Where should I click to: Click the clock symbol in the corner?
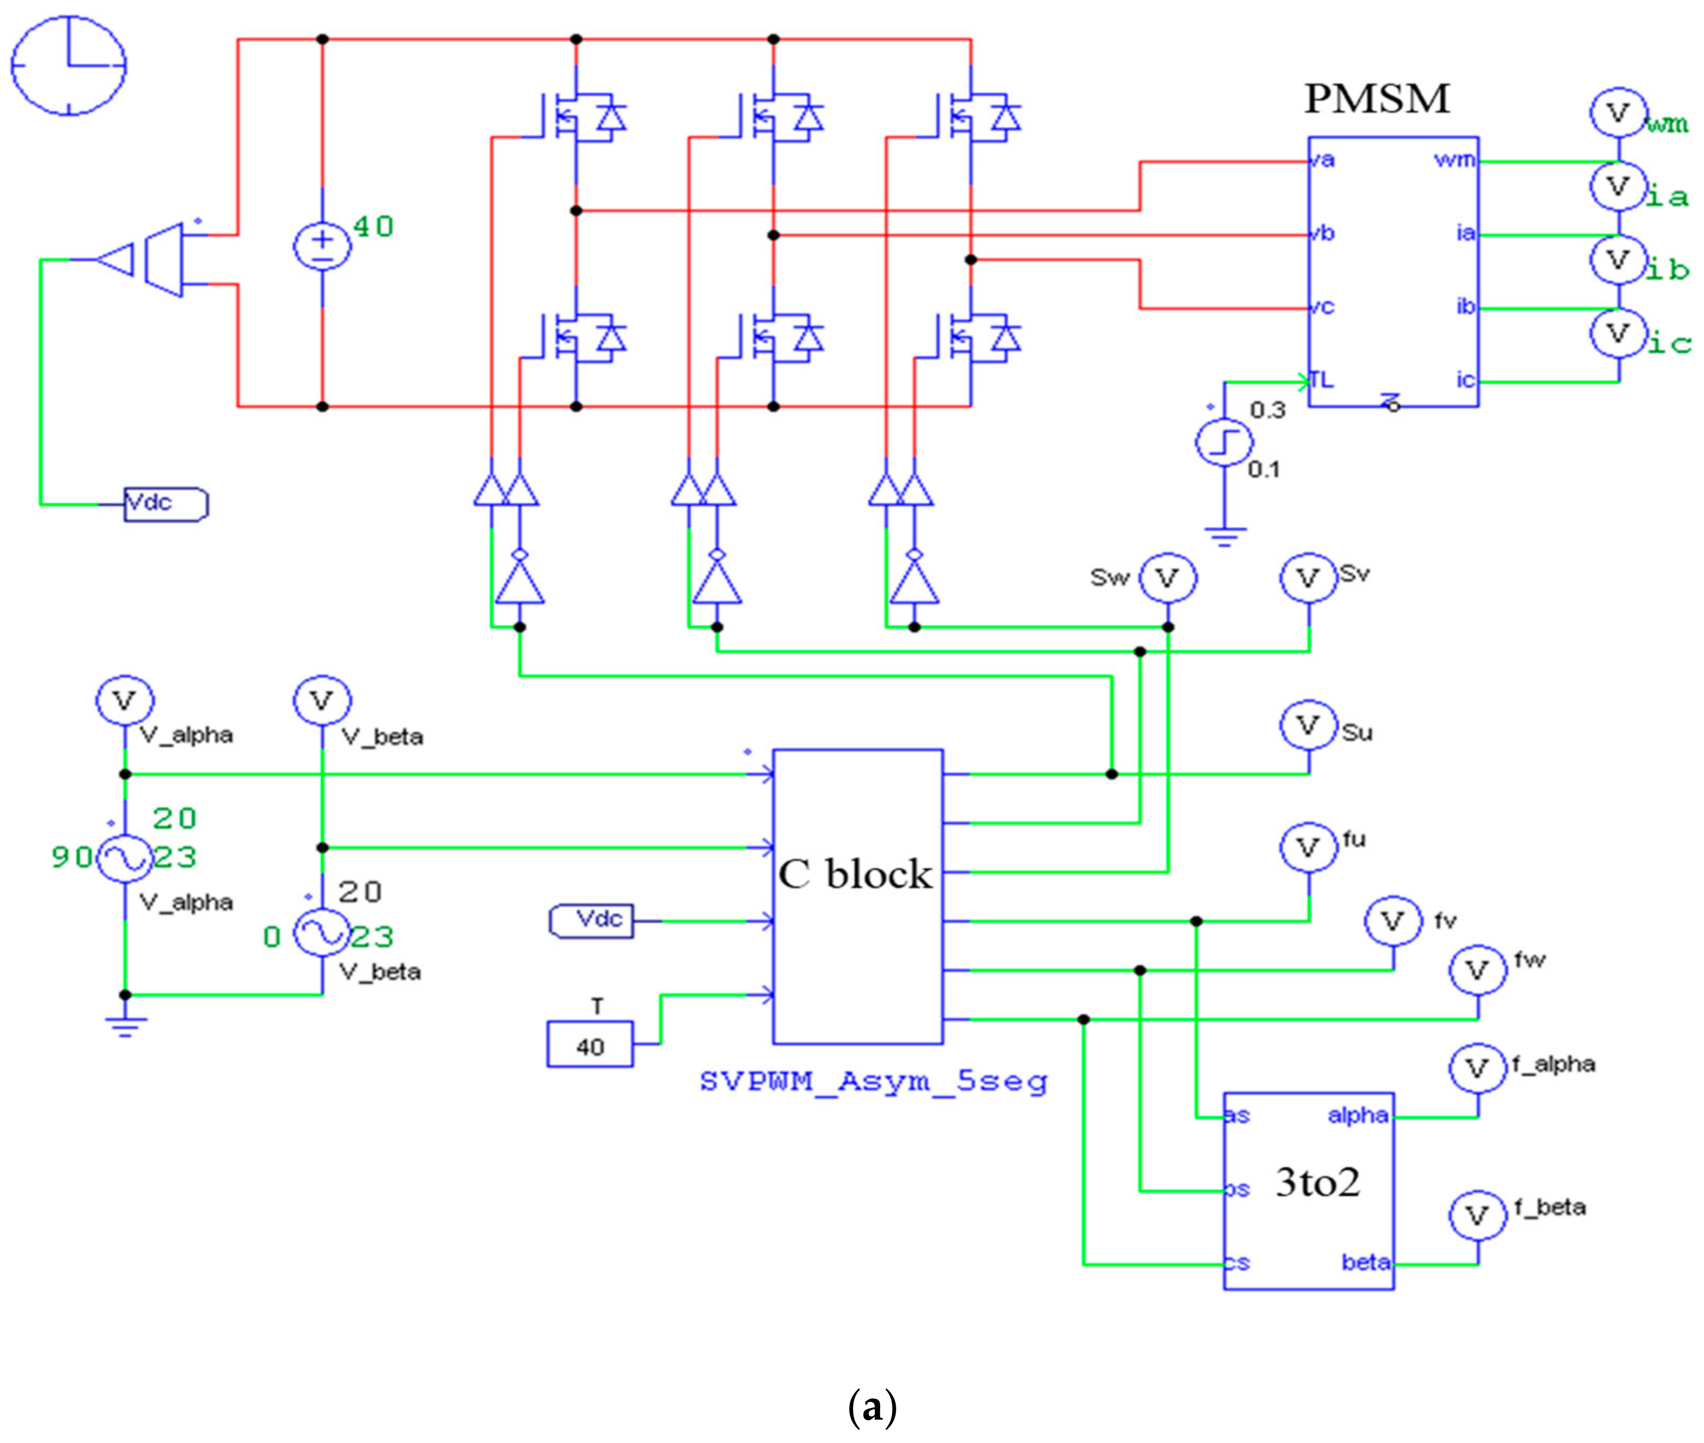click(69, 64)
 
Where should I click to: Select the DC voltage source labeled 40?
click(322, 245)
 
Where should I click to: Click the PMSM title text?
click(1376, 99)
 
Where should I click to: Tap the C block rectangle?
click(857, 895)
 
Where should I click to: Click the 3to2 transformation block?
click(1308, 1190)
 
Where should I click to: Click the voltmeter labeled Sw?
click(1167, 578)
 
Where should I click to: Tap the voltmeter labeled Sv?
click(1308, 578)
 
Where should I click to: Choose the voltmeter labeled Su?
click(1308, 726)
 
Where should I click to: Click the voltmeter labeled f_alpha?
click(1477, 1067)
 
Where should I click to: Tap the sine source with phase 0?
click(322, 933)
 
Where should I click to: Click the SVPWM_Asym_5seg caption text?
click(873, 1081)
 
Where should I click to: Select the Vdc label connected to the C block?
click(591, 920)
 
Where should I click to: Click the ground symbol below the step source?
click(1224, 536)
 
